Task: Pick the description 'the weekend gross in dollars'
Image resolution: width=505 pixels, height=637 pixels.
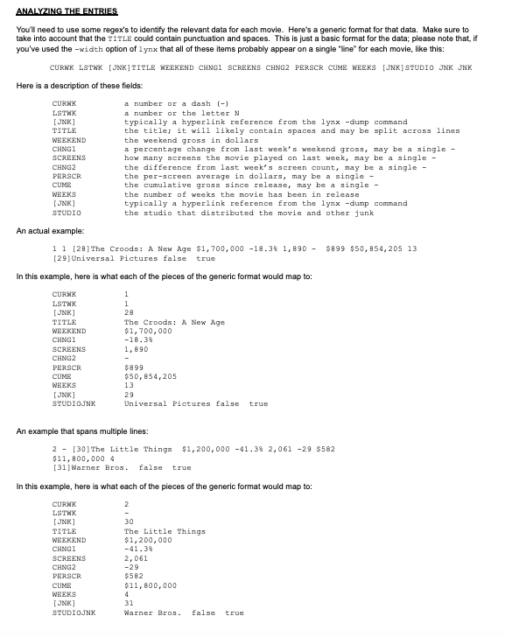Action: (x=193, y=140)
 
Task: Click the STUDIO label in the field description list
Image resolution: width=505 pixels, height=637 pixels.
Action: (x=67, y=213)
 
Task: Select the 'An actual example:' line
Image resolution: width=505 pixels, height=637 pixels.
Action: (x=49, y=230)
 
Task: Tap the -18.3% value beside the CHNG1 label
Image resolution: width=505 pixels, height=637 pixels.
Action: (x=139, y=340)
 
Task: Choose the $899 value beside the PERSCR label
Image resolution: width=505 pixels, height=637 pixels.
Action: (x=135, y=367)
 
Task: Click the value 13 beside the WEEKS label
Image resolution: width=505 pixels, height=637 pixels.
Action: (x=128, y=385)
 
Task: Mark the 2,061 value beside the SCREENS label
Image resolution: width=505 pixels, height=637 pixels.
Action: (x=137, y=558)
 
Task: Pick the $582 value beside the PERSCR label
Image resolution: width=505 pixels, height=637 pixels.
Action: (x=135, y=576)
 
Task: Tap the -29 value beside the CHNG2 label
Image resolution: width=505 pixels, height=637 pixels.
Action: (x=131, y=567)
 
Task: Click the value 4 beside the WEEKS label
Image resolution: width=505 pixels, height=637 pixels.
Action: (x=126, y=594)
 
